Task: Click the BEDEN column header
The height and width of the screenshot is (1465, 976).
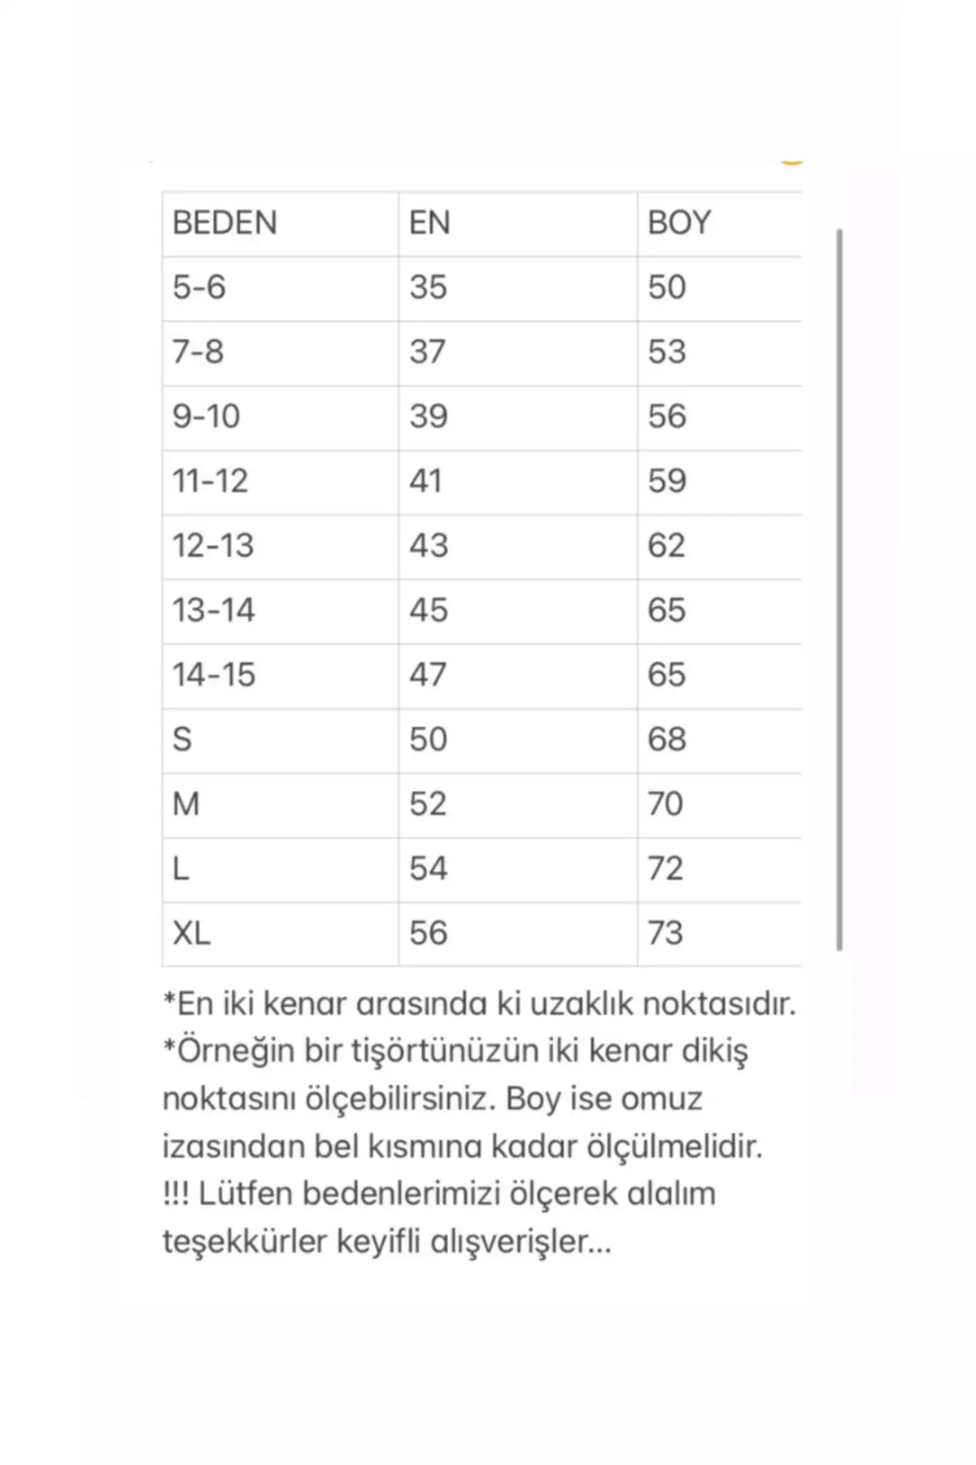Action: (224, 223)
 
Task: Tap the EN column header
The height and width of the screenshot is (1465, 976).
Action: (429, 223)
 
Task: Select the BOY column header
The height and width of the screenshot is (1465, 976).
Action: (679, 223)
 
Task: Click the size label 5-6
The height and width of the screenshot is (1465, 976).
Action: (198, 287)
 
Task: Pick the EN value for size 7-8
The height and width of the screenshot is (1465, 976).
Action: (428, 352)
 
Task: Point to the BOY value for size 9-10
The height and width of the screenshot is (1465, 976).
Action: (667, 417)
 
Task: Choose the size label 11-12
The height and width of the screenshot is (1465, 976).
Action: (210, 481)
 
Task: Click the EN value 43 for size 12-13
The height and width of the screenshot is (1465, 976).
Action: (429, 545)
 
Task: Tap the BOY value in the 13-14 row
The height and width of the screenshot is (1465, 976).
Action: (667, 610)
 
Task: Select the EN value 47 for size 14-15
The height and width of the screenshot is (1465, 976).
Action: (428, 675)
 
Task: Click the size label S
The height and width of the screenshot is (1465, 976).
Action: (182, 740)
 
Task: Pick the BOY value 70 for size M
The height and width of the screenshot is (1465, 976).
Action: (665, 804)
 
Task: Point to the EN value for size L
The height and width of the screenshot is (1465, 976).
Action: (428, 868)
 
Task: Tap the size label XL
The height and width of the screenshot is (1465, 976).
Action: (191, 934)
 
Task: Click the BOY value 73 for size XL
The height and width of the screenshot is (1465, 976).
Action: (665, 934)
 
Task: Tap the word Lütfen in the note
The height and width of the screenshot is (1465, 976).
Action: (245, 1194)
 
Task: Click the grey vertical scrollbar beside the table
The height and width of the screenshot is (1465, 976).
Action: (839, 589)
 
